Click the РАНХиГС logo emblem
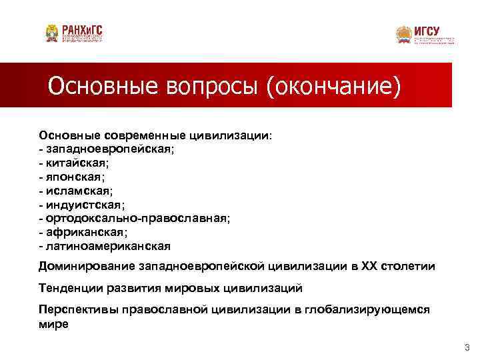tap(51, 33)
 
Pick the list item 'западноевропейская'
tap(110, 149)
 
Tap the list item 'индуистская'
tap(84, 204)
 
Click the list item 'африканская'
tap(85, 232)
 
